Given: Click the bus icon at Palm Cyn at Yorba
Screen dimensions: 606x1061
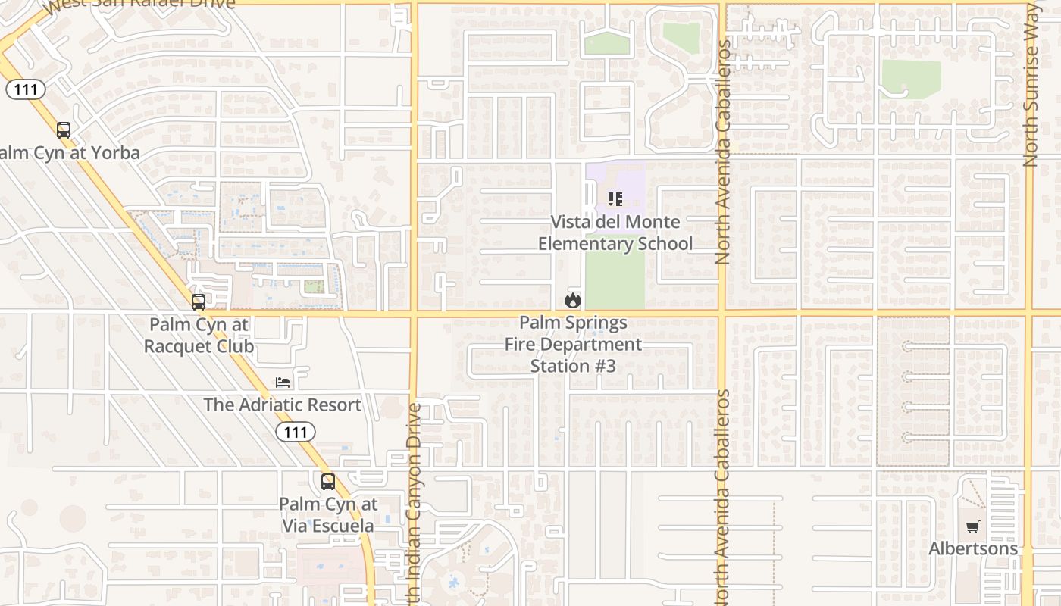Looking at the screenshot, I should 64,130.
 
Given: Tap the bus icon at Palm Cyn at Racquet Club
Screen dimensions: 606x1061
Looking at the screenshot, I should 199,302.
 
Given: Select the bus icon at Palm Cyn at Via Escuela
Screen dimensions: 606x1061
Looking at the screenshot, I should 328,482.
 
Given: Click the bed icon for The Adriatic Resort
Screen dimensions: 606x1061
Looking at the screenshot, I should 283,383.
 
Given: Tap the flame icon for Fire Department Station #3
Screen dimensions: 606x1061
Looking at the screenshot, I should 573,301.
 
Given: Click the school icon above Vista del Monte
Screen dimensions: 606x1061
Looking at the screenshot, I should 615,199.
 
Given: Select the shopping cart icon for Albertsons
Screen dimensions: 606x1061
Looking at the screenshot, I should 973,526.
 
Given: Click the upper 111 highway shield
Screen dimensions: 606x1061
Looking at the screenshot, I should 26,89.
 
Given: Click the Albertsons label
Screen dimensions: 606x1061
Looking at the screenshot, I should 973,548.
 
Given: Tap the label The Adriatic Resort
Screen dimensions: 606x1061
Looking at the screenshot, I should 282,405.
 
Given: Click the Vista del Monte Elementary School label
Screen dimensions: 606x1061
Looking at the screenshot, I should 615,233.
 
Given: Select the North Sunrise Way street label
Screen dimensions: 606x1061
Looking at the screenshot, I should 1030,83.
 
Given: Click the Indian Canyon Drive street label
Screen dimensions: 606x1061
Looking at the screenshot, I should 414,504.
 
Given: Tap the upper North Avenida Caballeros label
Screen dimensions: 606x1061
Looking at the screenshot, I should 722,151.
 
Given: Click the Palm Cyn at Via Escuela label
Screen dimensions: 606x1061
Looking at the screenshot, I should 328,514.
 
